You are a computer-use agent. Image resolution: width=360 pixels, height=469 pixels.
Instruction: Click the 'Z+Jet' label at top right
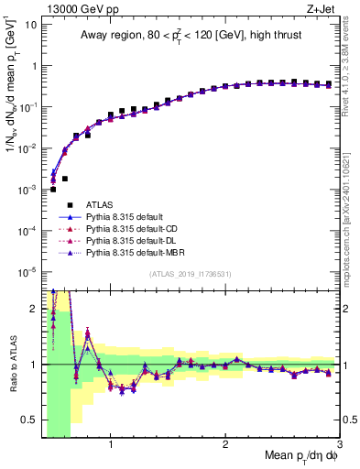tap(322, 8)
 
